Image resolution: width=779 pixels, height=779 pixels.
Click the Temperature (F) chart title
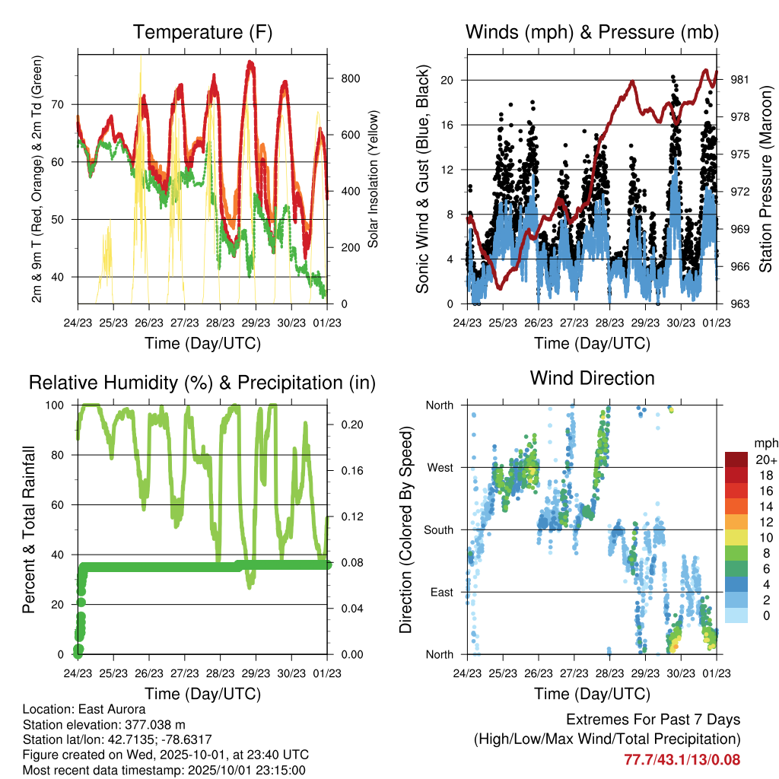(x=202, y=33)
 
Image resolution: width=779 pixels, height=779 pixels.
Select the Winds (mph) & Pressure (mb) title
(x=592, y=33)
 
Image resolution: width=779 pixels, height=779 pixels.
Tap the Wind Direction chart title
(x=592, y=378)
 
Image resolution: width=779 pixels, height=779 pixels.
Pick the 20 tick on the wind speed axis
(x=449, y=80)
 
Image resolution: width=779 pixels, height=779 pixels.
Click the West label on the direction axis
(x=439, y=467)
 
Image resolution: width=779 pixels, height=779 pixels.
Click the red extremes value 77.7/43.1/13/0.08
(x=682, y=759)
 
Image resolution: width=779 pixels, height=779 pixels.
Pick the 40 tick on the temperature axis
(x=64, y=277)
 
